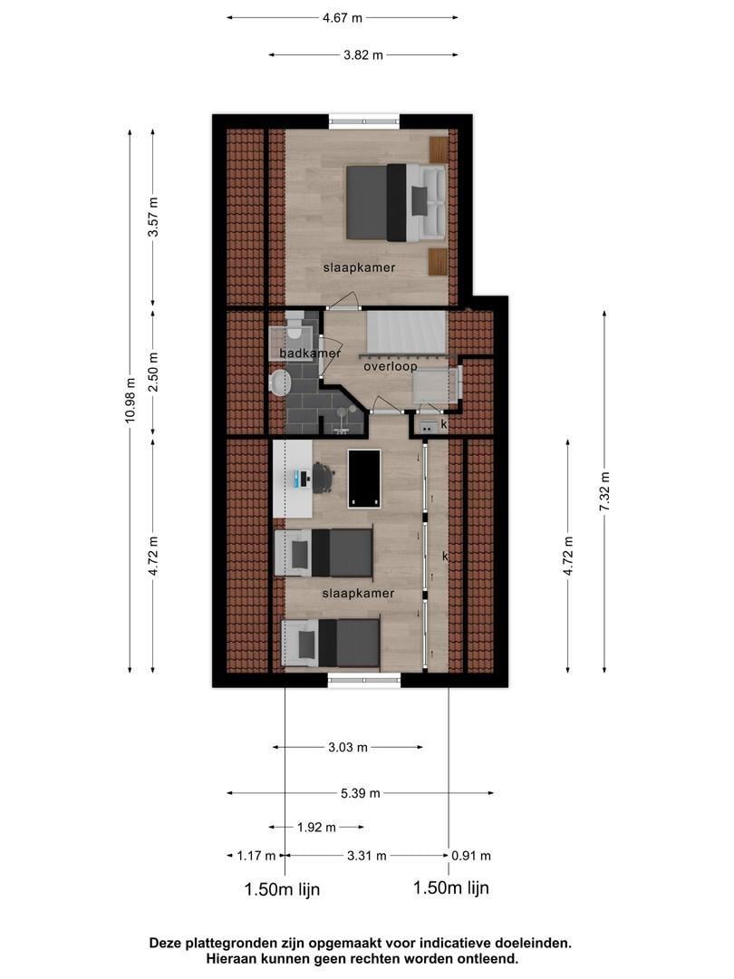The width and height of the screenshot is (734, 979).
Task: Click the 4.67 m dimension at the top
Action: pos(343,16)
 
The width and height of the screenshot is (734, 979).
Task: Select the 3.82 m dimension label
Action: pos(362,54)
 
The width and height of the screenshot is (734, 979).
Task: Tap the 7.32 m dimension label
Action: pos(604,492)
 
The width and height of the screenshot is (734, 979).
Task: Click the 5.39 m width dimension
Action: pos(361,793)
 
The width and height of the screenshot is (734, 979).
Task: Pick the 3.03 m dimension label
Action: pos(348,747)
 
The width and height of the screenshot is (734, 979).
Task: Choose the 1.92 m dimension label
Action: pos(316,827)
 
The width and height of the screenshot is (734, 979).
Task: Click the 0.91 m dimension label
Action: pos(472,855)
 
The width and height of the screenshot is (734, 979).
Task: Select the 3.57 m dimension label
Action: pos(153,217)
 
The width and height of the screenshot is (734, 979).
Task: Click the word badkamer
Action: pos(310,354)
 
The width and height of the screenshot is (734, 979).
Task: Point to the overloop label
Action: pos(390,367)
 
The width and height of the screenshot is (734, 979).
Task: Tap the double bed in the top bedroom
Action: pos(394,202)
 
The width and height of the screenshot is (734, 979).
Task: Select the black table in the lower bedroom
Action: pos(364,478)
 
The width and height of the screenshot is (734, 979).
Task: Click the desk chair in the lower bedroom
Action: pos(323,477)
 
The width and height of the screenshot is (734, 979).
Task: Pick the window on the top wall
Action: pos(363,121)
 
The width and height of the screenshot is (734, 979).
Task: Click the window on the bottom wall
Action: pos(363,679)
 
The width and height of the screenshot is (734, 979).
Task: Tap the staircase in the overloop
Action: pos(406,333)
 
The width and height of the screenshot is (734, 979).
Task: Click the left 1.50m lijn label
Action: pos(282,889)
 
